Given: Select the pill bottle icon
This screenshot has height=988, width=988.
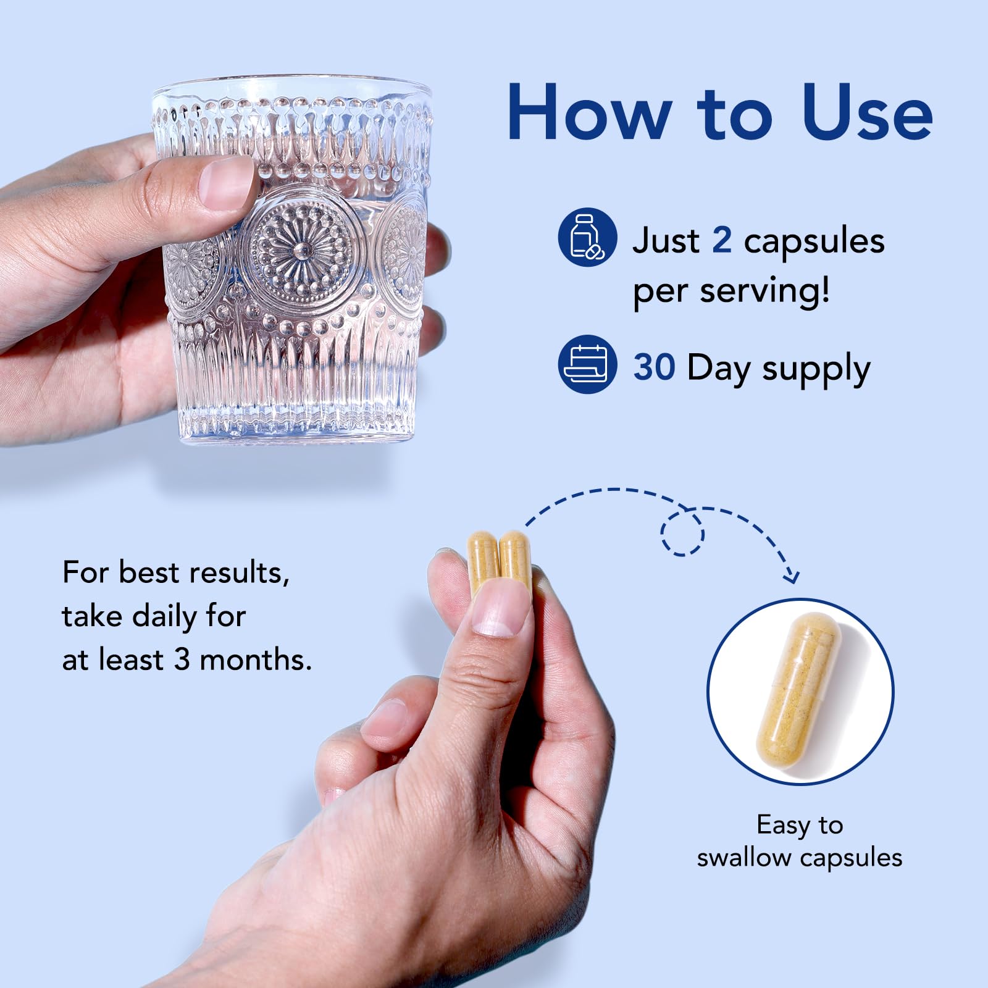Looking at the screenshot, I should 587,237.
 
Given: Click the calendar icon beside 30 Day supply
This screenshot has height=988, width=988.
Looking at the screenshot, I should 587,364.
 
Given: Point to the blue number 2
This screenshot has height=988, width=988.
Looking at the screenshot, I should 722,240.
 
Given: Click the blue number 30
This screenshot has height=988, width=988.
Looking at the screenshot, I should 654,367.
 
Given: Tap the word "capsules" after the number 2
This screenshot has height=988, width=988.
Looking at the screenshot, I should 814,241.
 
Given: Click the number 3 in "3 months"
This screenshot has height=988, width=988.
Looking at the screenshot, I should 182,659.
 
